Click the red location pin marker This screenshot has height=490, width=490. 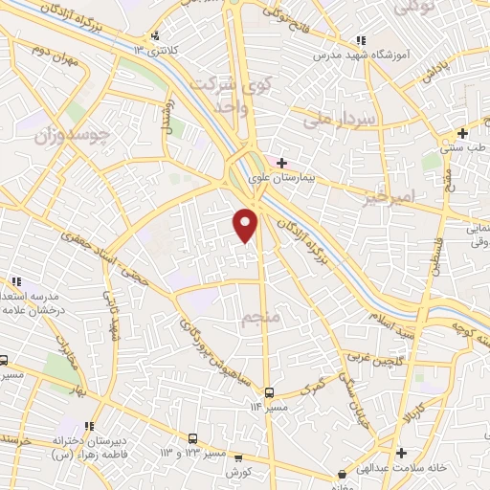tap(247, 224)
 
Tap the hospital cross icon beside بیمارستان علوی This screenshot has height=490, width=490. tap(280, 163)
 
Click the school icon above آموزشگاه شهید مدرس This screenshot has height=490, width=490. tap(360, 40)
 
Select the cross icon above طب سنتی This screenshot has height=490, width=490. tap(462, 133)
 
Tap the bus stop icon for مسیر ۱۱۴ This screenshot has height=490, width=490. tap(269, 392)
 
